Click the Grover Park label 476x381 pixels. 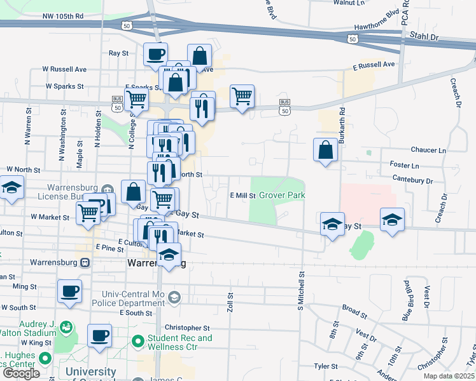[x=282, y=195]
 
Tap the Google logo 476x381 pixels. [x=21, y=373]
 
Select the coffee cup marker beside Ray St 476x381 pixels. [x=155, y=55]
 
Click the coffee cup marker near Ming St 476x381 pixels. [x=69, y=291]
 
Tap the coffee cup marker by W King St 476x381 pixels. [x=99, y=336]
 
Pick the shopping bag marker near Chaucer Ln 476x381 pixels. [x=325, y=150]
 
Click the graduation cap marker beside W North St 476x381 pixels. [x=11, y=188]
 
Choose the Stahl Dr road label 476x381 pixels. [x=425, y=37]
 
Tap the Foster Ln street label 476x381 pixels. [x=405, y=164]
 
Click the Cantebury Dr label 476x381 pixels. [x=412, y=180]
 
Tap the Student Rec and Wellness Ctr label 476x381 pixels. [x=172, y=343]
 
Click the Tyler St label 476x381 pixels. [x=325, y=366]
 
